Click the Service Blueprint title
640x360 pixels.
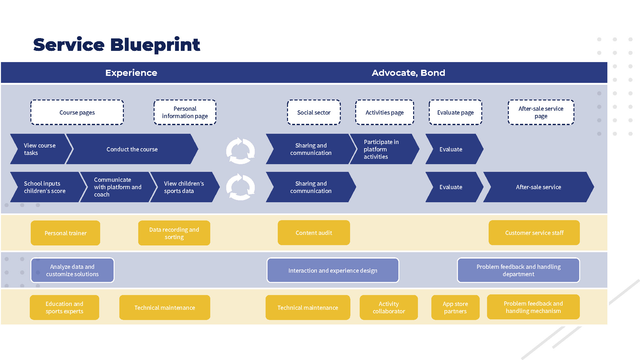pyautogui.click(x=116, y=45)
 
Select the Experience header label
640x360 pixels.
pyautogui.click(x=131, y=73)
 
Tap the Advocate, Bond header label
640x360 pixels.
pyautogui.click(x=408, y=73)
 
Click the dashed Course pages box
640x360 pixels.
pyautogui.click(x=77, y=112)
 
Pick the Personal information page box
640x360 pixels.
pyautogui.click(x=185, y=112)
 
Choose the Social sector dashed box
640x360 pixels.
pyautogui.click(x=314, y=112)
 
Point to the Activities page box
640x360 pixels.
pyautogui.click(x=385, y=112)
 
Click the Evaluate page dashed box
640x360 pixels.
pyautogui.click(x=455, y=112)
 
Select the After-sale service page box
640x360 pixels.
pyautogui.click(x=541, y=112)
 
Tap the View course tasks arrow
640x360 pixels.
pyautogui.click(x=40, y=149)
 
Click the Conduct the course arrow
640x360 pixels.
pyautogui.click(x=132, y=149)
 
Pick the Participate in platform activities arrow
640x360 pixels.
pyautogui.click(x=382, y=149)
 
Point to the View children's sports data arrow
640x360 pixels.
pyautogui.click(x=184, y=187)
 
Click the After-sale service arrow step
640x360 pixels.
pyautogui.click(x=538, y=187)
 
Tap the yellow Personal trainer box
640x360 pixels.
pyautogui.click(x=66, y=233)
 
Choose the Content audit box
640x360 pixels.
pyautogui.click(x=314, y=233)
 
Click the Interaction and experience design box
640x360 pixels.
pyautogui.click(x=333, y=270)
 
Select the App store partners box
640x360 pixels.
pyautogui.click(x=455, y=308)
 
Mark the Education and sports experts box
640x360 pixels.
pyautogui.click(x=64, y=308)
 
